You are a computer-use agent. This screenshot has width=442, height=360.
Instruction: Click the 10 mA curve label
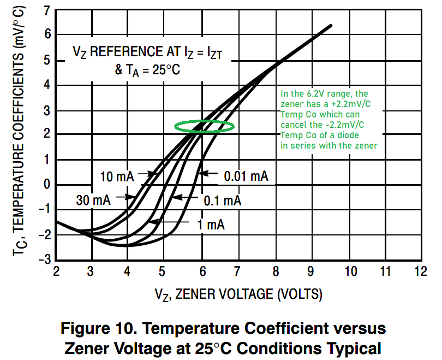[117, 176]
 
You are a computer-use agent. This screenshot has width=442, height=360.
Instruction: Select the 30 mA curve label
[93, 200]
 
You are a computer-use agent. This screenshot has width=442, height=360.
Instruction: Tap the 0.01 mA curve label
[246, 176]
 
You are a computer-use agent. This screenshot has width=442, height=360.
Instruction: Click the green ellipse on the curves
[205, 126]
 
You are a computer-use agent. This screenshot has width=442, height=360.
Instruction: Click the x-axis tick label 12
[420, 271]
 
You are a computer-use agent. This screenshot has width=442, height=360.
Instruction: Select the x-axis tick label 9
[310, 271]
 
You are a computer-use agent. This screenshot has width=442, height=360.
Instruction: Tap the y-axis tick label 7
[47, 10]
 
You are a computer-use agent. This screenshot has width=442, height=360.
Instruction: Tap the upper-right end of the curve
[330, 26]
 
